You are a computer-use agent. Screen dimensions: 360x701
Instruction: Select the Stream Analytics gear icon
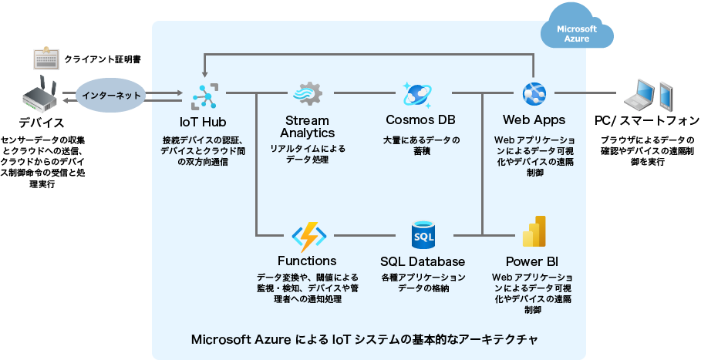(307, 94)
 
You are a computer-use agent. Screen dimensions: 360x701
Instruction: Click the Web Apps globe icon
(534, 94)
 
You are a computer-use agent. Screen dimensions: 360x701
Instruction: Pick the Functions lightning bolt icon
(307, 235)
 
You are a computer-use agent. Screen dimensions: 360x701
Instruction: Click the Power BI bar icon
(534, 234)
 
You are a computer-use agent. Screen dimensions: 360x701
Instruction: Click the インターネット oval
(112, 95)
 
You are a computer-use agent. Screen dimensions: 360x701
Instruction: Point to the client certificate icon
(45, 59)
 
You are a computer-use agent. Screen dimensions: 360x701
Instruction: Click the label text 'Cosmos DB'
(420, 120)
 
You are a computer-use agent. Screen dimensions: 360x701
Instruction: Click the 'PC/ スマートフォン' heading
(647, 120)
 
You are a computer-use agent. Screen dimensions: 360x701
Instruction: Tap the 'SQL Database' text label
(423, 261)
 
